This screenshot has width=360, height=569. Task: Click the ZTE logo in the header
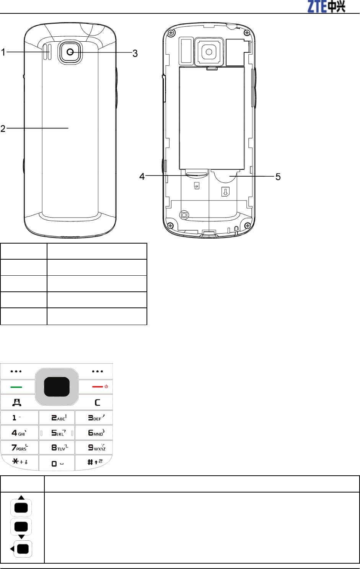pos(326,7)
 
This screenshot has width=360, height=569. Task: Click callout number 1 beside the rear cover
pos(3,52)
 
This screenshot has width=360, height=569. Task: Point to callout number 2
pos(3,128)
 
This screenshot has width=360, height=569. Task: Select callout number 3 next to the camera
pos(135,54)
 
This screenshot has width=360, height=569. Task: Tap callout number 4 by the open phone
pos(142,177)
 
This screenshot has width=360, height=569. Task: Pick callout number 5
pos(278,177)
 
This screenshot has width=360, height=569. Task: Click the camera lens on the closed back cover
pos(70,52)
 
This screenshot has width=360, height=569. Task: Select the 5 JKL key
pos(57,432)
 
